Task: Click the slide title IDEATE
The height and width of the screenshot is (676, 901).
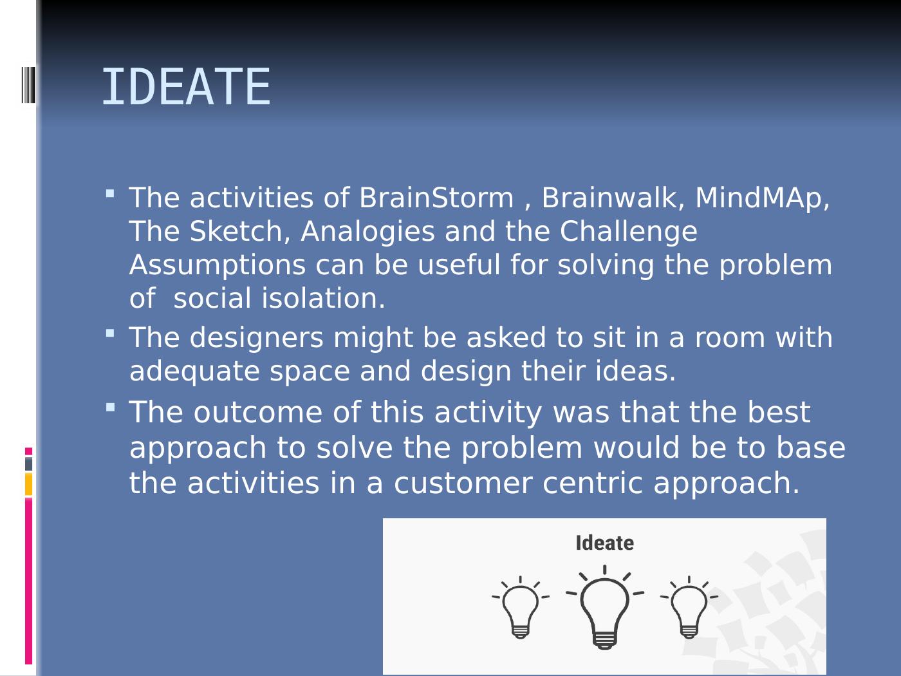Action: [186, 87]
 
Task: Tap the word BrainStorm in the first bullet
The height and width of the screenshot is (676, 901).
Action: [436, 198]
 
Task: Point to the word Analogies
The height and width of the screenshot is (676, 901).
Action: [367, 232]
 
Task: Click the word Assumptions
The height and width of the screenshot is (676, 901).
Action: [218, 266]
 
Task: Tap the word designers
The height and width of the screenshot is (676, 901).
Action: [257, 339]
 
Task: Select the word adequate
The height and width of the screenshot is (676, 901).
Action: [194, 372]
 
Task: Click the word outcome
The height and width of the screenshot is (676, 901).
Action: [258, 413]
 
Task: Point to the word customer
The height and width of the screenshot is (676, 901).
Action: [463, 483]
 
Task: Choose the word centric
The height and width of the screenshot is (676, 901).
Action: [592, 483]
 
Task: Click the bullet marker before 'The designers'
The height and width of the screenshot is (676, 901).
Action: [110, 333]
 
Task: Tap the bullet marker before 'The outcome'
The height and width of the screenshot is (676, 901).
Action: [110, 407]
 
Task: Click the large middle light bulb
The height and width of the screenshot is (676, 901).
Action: [604, 608]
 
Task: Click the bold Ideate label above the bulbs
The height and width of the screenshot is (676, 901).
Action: [604, 543]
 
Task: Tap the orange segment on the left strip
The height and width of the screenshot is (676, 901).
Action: [28, 484]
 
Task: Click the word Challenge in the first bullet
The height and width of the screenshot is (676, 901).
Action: [628, 232]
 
